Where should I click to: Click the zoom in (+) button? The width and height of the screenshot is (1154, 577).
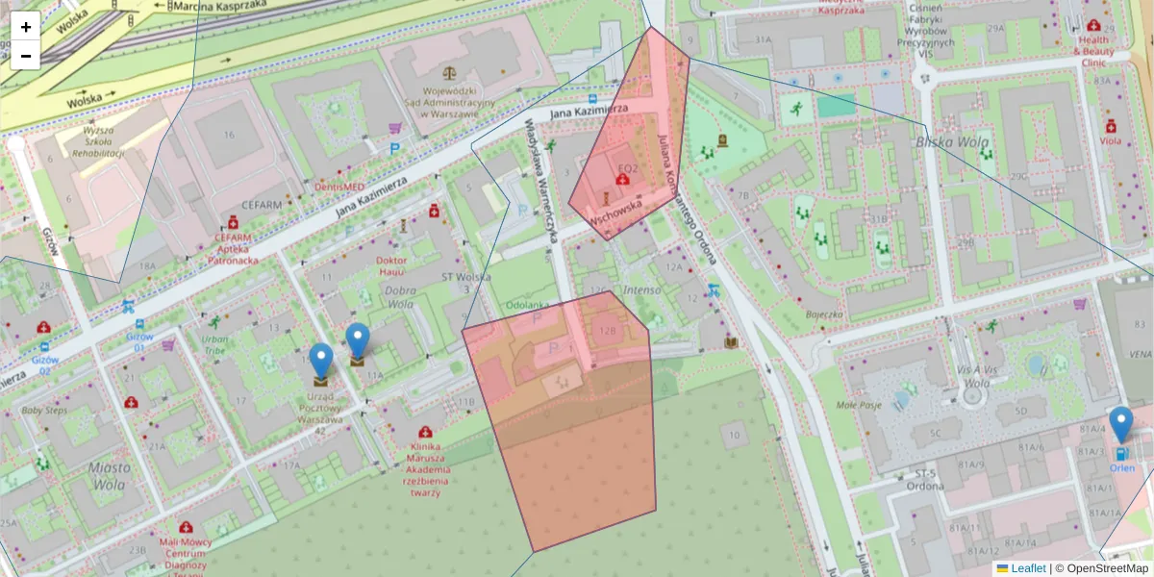[x=26, y=27]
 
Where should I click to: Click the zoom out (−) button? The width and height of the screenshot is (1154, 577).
[x=26, y=56]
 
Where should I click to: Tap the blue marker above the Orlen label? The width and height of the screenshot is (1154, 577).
[x=1120, y=426]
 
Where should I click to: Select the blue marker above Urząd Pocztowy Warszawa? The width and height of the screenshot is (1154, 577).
[x=321, y=363]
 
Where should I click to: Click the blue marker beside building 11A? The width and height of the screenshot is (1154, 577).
[x=358, y=343]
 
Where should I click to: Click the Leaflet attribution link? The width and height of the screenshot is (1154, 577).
[x=1028, y=568]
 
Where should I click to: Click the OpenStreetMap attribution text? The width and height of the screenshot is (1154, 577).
[x=1107, y=568]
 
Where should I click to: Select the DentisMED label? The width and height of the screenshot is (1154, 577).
[x=339, y=186]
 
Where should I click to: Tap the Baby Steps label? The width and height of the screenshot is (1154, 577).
[x=44, y=411]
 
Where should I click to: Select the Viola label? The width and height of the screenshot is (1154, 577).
[x=1111, y=140]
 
